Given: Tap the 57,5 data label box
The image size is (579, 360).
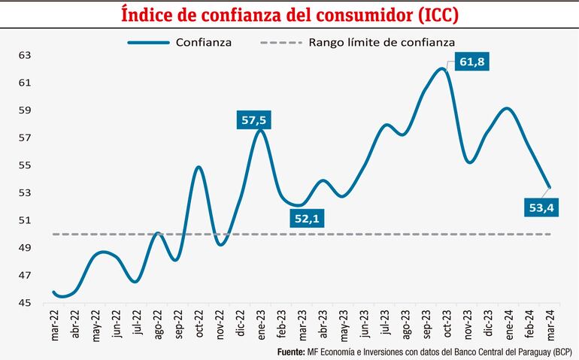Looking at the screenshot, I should click(x=253, y=119).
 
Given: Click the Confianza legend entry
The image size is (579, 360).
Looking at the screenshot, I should click(x=203, y=42).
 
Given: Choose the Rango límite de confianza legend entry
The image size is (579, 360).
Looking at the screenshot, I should click(x=382, y=42).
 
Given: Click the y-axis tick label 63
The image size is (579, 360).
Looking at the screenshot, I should click(x=24, y=55).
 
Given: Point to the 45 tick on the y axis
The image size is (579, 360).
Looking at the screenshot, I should click(x=24, y=303).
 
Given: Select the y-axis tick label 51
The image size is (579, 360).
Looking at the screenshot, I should click(x=24, y=220).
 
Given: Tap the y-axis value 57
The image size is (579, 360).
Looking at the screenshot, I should click(x=24, y=138).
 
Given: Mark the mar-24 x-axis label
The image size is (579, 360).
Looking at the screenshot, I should click(x=551, y=325).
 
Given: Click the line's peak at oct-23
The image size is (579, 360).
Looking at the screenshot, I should click(x=442, y=69).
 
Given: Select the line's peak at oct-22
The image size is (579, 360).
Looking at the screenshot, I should click(x=199, y=167).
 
